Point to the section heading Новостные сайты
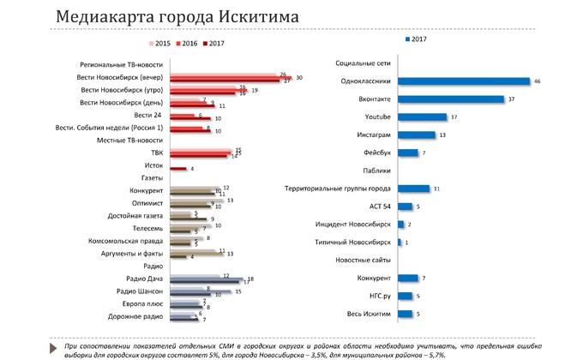pos(364,261)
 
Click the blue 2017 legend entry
pos(415,40)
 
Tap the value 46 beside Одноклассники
pos(538,82)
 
